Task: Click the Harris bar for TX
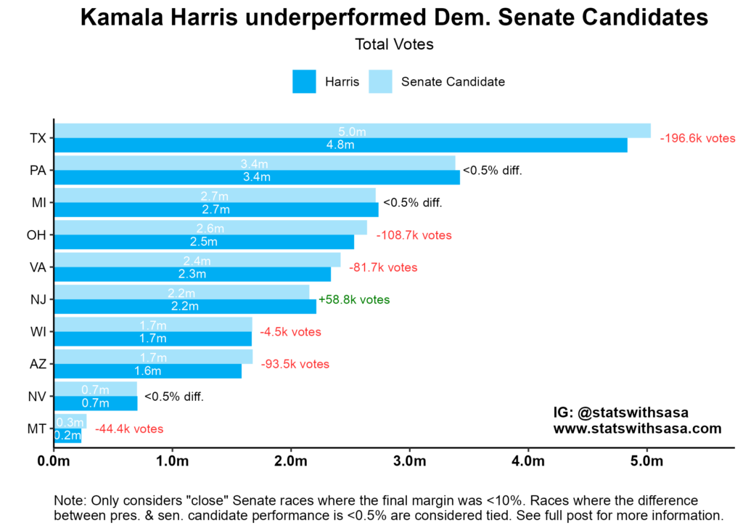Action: (x=340, y=145)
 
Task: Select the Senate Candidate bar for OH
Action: (x=210, y=227)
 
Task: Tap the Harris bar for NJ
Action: (x=185, y=307)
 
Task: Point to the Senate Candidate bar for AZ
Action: (x=153, y=356)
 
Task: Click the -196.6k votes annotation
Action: (x=697, y=138)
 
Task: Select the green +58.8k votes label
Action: (x=354, y=299)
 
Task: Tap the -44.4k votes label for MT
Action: (x=129, y=429)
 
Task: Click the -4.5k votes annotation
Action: (x=290, y=332)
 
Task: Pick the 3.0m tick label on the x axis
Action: (x=409, y=462)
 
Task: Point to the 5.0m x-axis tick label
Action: (x=647, y=462)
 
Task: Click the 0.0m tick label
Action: (x=54, y=462)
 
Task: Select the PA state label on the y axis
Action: (x=38, y=170)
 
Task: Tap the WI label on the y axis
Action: (x=38, y=332)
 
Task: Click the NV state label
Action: (x=38, y=397)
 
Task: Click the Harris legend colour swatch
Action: (x=305, y=81)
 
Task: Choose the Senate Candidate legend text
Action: (x=453, y=81)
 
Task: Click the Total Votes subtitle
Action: (x=394, y=44)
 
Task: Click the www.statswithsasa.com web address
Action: (x=637, y=429)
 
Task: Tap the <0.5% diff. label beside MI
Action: (x=412, y=203)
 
